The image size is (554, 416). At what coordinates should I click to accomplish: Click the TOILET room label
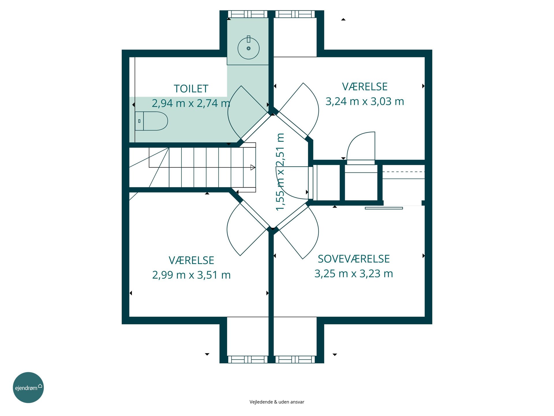point(191,89)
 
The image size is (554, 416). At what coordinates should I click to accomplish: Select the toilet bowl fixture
point(151,121)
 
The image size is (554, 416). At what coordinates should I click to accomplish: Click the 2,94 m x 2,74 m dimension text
point(191,103)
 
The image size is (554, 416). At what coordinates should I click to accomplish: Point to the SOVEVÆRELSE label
point(354,259)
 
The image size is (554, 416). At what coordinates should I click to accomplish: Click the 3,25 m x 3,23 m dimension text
point(354,274)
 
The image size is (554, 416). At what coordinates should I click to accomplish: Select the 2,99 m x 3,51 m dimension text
point(191,275)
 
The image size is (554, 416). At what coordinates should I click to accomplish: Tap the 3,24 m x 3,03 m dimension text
point(365,101)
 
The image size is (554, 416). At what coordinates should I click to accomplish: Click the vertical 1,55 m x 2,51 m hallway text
point(280,172)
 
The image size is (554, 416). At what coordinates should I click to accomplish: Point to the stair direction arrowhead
point(253,167)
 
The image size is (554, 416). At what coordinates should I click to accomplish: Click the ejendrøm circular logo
point(28,387)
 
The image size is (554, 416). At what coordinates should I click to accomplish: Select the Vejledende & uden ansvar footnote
point(277,402)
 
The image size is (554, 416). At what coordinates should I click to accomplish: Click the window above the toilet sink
point(248,14)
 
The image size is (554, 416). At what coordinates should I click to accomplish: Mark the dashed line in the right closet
point(404,172)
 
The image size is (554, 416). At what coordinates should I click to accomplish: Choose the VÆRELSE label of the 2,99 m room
point(191,260)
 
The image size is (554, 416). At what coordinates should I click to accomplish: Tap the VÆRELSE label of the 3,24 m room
point(365,87)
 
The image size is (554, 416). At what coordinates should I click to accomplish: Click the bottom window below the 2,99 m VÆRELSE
point(248,359)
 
